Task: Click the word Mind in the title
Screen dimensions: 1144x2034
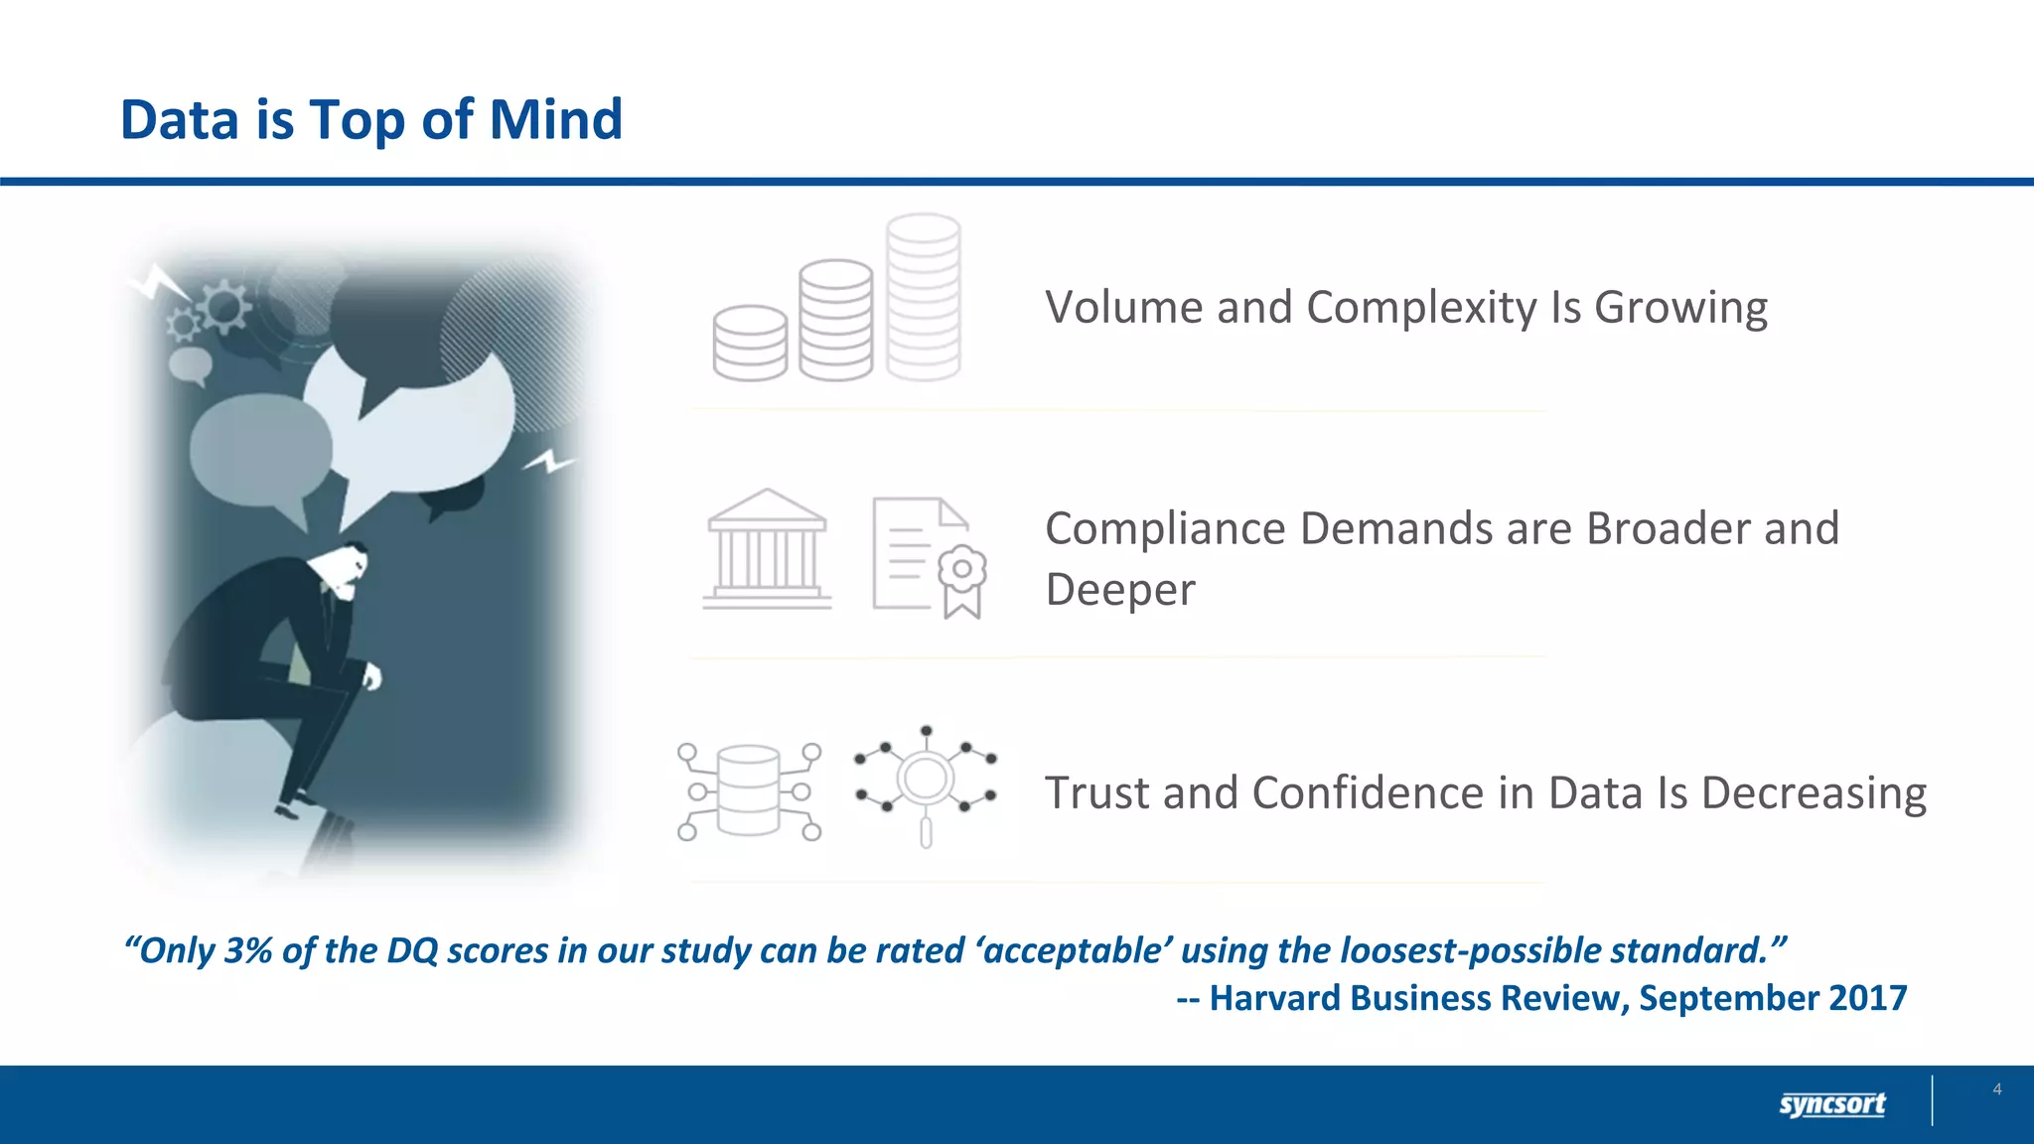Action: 555,120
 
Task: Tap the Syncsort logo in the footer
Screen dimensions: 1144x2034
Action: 1831,1104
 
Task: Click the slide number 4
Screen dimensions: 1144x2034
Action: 1996,1089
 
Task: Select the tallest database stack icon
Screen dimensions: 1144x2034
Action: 923,297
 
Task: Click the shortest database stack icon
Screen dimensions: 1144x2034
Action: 750,343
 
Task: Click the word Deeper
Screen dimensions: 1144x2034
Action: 1119,590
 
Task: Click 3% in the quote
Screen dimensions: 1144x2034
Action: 247,950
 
